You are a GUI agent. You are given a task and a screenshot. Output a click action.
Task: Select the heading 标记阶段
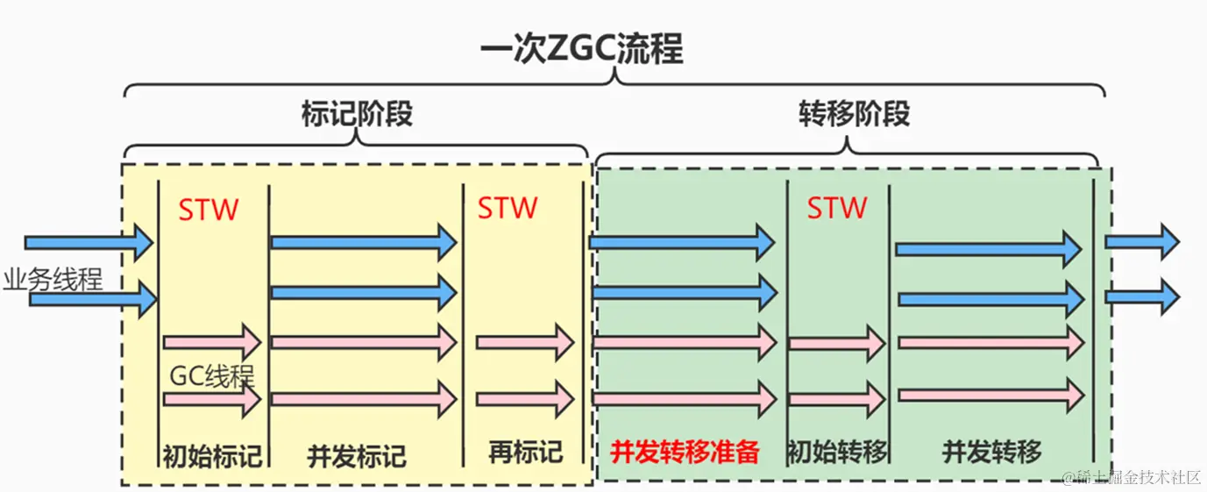(x=356, y=114)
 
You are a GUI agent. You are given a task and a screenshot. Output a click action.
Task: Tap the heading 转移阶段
(x=854, y=114)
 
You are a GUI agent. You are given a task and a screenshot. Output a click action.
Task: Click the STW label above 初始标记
(x=209, y=210)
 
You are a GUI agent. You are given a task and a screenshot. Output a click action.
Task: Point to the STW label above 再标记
(x=508, y=208)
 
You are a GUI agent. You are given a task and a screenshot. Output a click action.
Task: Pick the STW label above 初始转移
(x=837, y=208)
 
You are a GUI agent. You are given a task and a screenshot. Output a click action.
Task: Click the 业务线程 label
(x=53, y=280)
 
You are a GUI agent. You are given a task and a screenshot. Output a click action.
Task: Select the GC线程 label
(x=211, y=377)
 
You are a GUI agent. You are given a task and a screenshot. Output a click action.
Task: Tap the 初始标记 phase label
(x=212, y=455)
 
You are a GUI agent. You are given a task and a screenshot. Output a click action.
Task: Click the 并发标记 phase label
(x=357, y=456)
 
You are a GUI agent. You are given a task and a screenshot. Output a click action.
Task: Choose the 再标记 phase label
(x=525, y=453)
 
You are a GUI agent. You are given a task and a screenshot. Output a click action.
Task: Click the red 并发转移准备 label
(x=684, y=453)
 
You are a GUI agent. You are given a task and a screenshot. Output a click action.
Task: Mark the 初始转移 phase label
(x=837, y=453)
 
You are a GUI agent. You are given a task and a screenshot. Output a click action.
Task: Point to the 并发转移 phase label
(x=991, y=453)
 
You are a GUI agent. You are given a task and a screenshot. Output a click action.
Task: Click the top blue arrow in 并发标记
(x=363, y=241)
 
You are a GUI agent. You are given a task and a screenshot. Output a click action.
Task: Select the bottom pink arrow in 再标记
(x=524, y=399)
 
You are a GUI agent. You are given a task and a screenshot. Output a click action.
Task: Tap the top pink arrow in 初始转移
(x=837, y=343)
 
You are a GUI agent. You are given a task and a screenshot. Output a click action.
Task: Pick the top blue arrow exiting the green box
(x=1141, y=241)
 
